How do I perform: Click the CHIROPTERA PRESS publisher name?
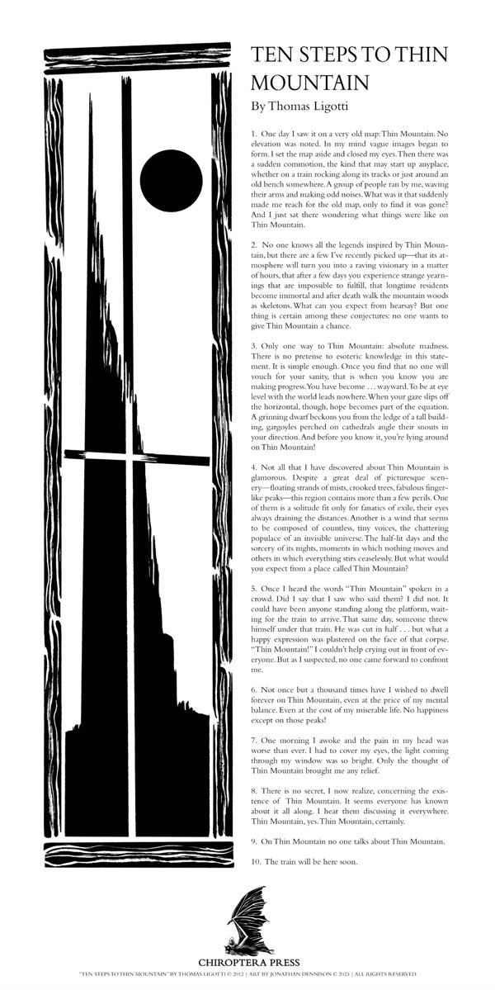(248, 962)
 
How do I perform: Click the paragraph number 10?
(255, 861)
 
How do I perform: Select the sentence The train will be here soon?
(310, 861)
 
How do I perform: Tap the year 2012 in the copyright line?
(238, 973)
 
